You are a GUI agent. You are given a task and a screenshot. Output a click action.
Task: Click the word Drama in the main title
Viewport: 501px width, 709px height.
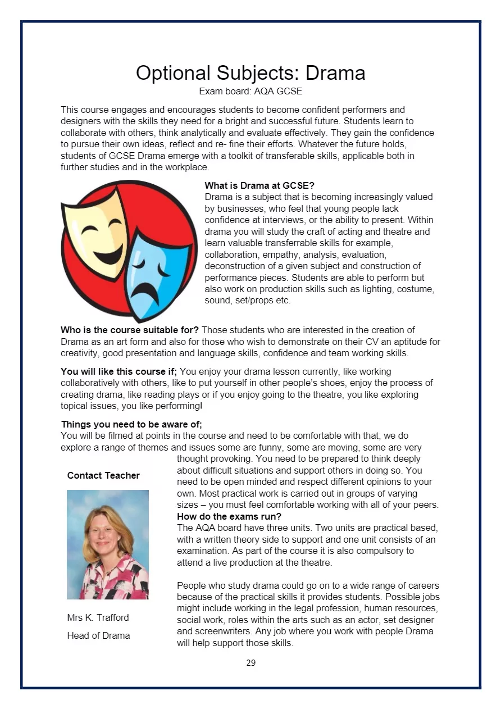pos(335,73)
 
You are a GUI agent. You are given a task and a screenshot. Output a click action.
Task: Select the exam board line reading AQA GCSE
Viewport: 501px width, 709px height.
pos(250,91)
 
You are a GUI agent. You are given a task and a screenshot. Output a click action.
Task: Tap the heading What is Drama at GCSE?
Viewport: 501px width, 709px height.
pos(259,185)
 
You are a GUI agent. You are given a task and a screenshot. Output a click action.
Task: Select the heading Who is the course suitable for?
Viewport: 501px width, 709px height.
pos(130,330)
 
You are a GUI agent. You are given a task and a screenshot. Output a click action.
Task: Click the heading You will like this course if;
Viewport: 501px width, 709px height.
pos(119,371)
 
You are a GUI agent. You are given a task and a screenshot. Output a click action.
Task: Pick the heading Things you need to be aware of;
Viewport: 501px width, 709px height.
pos(131,424)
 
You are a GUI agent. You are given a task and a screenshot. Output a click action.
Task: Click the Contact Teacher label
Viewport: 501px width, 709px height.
pos(103,475)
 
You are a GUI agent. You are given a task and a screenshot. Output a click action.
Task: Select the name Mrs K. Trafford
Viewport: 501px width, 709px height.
pos(98,617)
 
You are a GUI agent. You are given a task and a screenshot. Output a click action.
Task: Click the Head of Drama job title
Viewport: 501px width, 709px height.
pos(98,635)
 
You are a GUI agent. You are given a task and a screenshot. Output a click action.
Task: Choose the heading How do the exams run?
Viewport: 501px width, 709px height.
pos(229,516)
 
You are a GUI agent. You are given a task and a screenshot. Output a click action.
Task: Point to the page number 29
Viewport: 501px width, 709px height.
pos(250,663)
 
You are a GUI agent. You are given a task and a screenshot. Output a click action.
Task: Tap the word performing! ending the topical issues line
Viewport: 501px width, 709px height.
pos(178,406)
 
